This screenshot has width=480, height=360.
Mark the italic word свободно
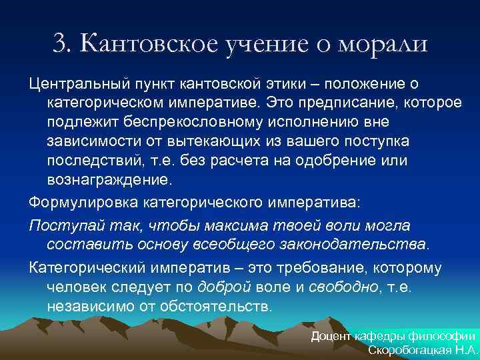[x=339, y=287]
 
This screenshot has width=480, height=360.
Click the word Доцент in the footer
[x=331, y=337]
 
